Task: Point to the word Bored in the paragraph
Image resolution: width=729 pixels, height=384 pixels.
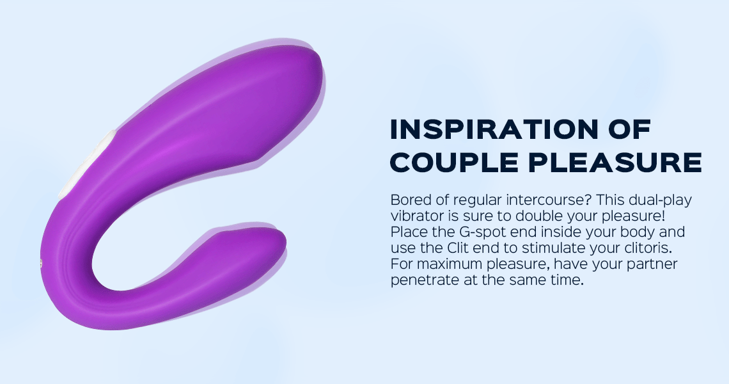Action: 407,200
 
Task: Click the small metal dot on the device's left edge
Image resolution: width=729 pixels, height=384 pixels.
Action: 42,264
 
